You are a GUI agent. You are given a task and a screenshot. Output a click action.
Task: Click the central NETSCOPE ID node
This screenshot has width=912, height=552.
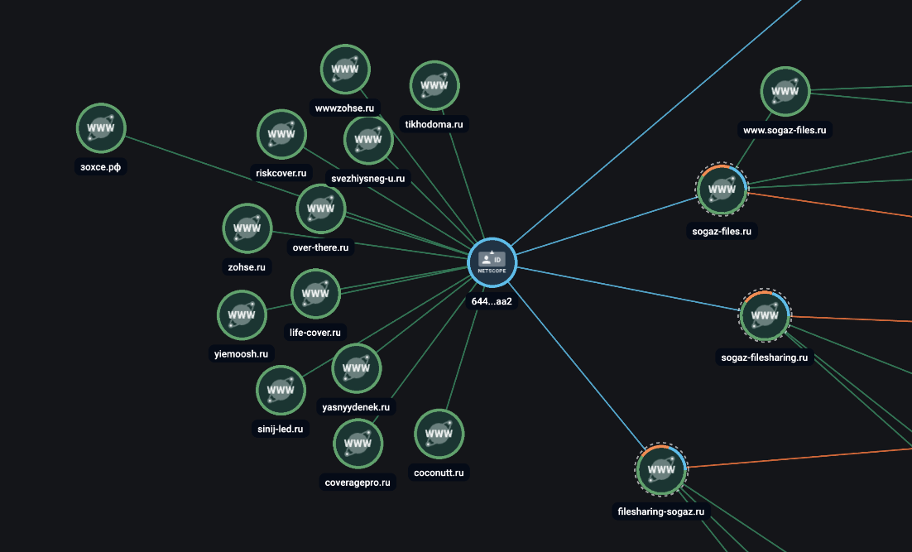pyautogui.click(x=492, y=262)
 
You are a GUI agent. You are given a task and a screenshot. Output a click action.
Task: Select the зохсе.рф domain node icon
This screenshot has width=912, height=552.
pyautogui.click(x=101, y=128)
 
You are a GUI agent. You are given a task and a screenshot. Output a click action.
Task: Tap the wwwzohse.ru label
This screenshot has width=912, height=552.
pyautogui.click(x=344, y=108)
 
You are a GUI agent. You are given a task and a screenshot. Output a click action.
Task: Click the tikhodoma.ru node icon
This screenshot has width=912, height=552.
pyautogui.click(x=434, y=85)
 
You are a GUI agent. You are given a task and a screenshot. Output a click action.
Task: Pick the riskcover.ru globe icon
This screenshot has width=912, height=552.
pyautogui.click(x=281, y=134)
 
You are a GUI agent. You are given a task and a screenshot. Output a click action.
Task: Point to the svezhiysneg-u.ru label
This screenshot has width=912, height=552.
pyautogui.click(x=368, y=179)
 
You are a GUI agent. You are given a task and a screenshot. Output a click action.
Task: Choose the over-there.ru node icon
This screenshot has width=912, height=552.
pyautogui.click(x=321, y=209)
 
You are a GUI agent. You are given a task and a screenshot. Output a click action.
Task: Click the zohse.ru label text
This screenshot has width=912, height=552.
pyautogui.click(x=247, y=267)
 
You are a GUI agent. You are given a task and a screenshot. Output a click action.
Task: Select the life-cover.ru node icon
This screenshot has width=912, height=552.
pyautogui.click(x=316, y=294)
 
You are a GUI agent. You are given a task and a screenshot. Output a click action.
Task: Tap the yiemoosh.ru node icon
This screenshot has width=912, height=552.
pyautogui.click(x=242, y=315)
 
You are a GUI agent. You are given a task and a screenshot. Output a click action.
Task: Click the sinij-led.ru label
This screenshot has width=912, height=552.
pyautogui.click(x=281, y=430)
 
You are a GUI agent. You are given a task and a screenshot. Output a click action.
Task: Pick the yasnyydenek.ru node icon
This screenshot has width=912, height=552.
pyautogui.click(x=357, y=368)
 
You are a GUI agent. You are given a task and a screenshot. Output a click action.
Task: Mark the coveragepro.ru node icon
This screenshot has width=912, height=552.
pyautogui.click(x=358, y=444)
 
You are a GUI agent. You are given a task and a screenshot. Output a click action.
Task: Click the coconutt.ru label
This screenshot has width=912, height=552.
pyautogui.click(x=439, y=473)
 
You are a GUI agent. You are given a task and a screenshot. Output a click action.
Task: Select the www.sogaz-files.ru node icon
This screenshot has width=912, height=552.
pyautogui.click(x=785, y=91)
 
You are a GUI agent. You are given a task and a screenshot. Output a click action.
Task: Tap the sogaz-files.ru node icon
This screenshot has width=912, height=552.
pyautogui.click(x=722, y=189)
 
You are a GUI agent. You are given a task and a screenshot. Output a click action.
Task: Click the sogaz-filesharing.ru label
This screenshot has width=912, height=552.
pyautogui.click(x=764, y=358)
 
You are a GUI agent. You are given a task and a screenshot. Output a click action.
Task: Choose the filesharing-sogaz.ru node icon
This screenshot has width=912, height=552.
pyautogui.click(x=661, y=470)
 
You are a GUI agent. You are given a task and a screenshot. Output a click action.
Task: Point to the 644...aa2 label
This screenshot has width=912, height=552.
pyautogui.click(x=492, y=301)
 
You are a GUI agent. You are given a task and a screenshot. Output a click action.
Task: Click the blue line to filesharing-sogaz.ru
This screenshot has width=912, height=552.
pyautogui.click(x=576, y=366)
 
